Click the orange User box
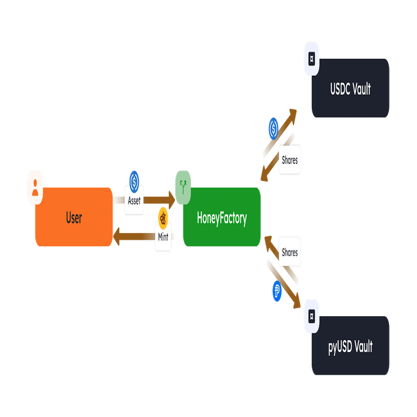(74, 217)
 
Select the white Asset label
(134, 201)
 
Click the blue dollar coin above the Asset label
(135, 181)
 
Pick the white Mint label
(163, 237)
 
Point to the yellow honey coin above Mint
(163, 217)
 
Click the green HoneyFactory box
(221, 218)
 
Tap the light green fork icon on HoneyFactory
(183, 183)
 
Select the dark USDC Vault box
(350, 89)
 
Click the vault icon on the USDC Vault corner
(312, 59)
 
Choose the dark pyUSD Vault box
(350, 347)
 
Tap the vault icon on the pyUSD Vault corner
(312, 316)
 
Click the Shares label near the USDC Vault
(289, 160)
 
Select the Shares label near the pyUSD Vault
(289, 253)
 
